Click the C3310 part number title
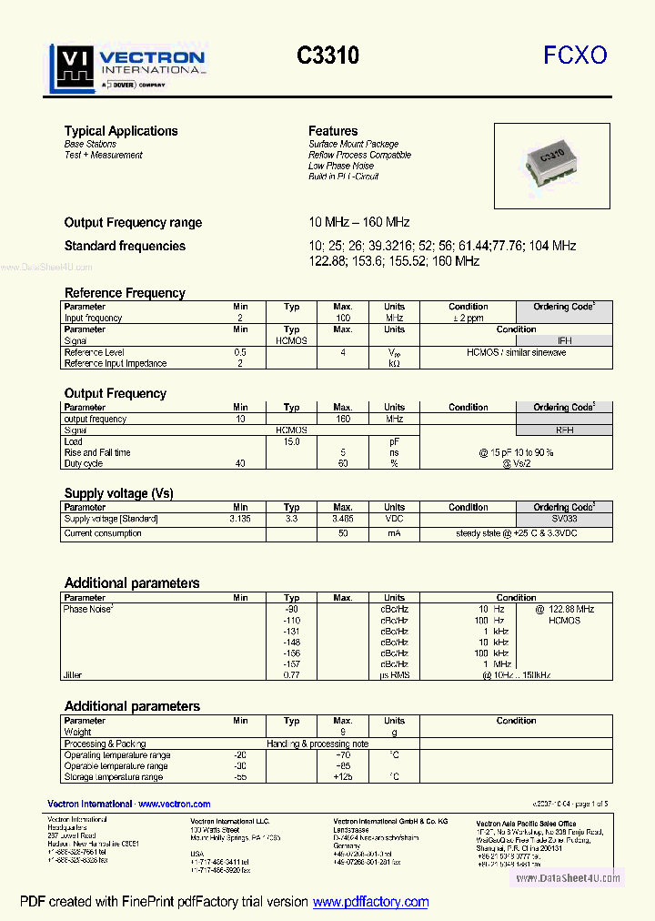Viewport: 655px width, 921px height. [327, 56]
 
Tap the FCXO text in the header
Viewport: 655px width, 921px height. [575, 56]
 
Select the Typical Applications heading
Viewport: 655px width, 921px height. [121, 131]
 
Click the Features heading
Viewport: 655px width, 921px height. [333, 131]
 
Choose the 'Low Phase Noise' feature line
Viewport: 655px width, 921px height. [341, 166]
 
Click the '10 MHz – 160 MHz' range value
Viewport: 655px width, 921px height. [359, 222]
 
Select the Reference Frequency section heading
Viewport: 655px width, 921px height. [125, 293]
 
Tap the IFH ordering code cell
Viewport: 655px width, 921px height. [564, 340]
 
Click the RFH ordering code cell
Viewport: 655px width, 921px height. [564, 430]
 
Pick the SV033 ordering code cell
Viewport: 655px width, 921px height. [564, 519]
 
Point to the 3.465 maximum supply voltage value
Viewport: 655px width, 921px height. [343, 519]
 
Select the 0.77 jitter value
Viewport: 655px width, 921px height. [291, 675]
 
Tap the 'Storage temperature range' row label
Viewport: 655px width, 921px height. [114, 777]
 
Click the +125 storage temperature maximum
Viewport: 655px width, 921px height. [343, 777]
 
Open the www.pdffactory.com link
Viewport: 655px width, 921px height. [370, 902]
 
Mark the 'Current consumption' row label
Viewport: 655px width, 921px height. [103, 533]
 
